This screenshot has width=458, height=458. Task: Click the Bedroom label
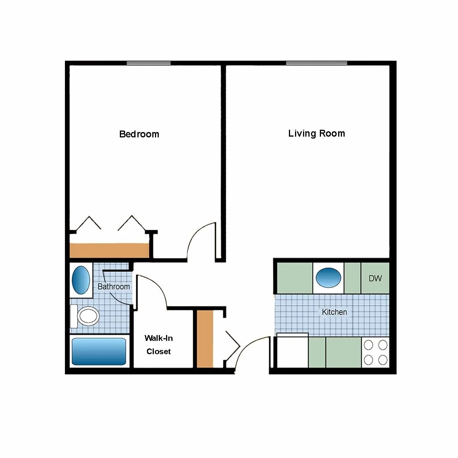pyautogui.click(x=139, y=134)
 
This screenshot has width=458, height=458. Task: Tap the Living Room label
pyautogui.click(x=316, y=133)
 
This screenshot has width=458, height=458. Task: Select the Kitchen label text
pyautogui.click(x=334, y=312)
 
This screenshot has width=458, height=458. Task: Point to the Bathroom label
pyautogui.click(x=113, y=286)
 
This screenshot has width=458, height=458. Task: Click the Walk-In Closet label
pyautogui.click(x=159, y=345)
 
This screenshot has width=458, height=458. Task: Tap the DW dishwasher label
pyautogui.click(x=375, y=278)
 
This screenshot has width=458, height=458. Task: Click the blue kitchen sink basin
pyautogui.click(x=328, y=277)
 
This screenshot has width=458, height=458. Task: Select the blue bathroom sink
pyautogui.click(x=81, y=280)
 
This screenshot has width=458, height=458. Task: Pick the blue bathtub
pyautogui.click(x=99, y=351)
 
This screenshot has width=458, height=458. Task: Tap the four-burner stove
pyautogui.click(x=375, y=352)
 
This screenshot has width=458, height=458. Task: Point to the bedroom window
pyautogui.click(x=148, y=63)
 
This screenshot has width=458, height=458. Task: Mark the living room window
pyautogui.click(x=316, y=63)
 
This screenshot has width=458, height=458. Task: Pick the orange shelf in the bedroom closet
pyautogui.click(x=109, y=250)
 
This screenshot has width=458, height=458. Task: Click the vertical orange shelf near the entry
pyautogui.click(x=205, y=339)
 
